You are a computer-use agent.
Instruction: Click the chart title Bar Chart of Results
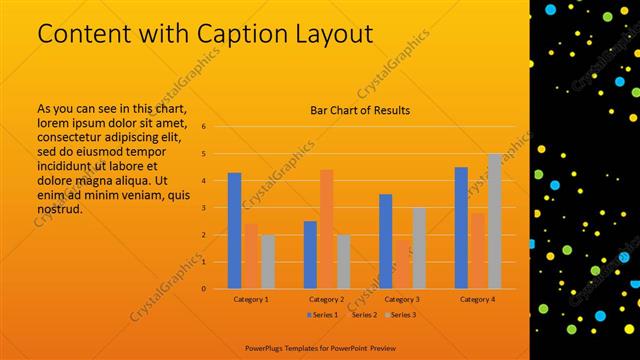point(360,110)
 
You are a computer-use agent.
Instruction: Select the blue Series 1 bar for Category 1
point(234,230)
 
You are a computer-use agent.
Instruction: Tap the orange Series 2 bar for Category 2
point(326,229)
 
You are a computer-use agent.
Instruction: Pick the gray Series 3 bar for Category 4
point(494,221)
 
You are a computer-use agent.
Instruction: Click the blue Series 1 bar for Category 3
point(386,241)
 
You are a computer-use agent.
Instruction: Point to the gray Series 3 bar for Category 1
point(268,261)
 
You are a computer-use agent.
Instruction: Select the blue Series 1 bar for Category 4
point(461,227)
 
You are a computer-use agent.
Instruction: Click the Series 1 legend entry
point(321,315)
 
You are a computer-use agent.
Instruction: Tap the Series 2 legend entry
point(361,315)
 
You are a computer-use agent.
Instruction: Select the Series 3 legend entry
point(401,315)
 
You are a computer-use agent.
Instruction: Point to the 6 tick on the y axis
point(203,127)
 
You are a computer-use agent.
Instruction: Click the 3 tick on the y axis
point(203,208)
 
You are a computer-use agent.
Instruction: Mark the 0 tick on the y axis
point(203,289)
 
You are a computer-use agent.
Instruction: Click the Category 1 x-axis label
point(251,299)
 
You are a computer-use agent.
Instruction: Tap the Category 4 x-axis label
point(478,299)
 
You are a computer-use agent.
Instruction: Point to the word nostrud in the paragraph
point(58,209)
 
